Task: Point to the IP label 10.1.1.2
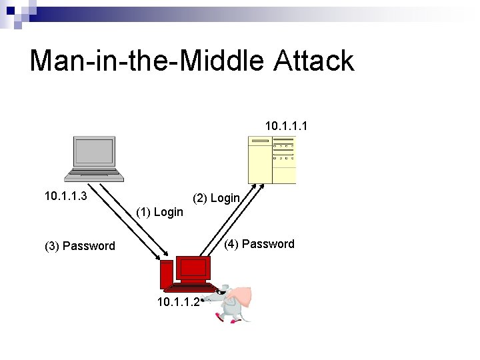click(177, 301)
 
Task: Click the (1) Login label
click(159, 212)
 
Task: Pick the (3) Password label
click(79, 246)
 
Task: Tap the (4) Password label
click(259, 244)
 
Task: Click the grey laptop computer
click(94, 159)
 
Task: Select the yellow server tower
click(271, 159)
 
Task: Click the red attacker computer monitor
click(193, 268)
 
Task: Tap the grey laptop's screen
click(94, 151)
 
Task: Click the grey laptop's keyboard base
click(94, 175)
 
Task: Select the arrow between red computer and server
click(230, 220)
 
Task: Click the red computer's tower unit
click(165, 274)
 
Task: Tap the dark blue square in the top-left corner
click(10, 11)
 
